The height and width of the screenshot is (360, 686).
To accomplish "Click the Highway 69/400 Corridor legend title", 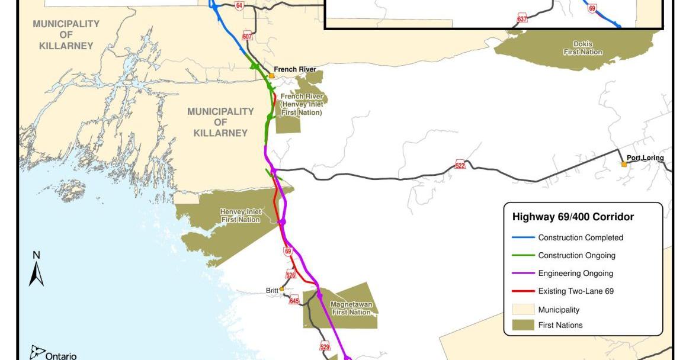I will click(573, 217).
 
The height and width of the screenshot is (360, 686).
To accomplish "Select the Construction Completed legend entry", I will click(580, 237).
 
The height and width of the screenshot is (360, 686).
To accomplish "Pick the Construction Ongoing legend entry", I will click(576, 256).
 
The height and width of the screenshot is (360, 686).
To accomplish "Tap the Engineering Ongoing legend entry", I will click(575, 274).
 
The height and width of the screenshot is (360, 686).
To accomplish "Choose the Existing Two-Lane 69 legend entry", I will click(577, 291).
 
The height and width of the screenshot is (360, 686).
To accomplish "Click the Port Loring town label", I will click(645, 158).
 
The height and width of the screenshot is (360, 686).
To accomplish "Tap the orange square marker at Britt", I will click(282, 289).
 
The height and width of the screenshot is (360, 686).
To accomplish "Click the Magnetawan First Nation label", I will click(352, 308).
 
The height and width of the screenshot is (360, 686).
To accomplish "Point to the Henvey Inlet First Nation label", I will click(240, 216).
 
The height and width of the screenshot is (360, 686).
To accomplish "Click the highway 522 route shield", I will click(460, 165).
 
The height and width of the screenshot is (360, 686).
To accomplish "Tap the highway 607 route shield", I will click(248, 37).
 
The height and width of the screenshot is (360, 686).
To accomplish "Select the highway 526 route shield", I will click(291, 275).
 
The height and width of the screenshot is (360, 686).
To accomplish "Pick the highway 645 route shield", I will click(294, 301).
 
